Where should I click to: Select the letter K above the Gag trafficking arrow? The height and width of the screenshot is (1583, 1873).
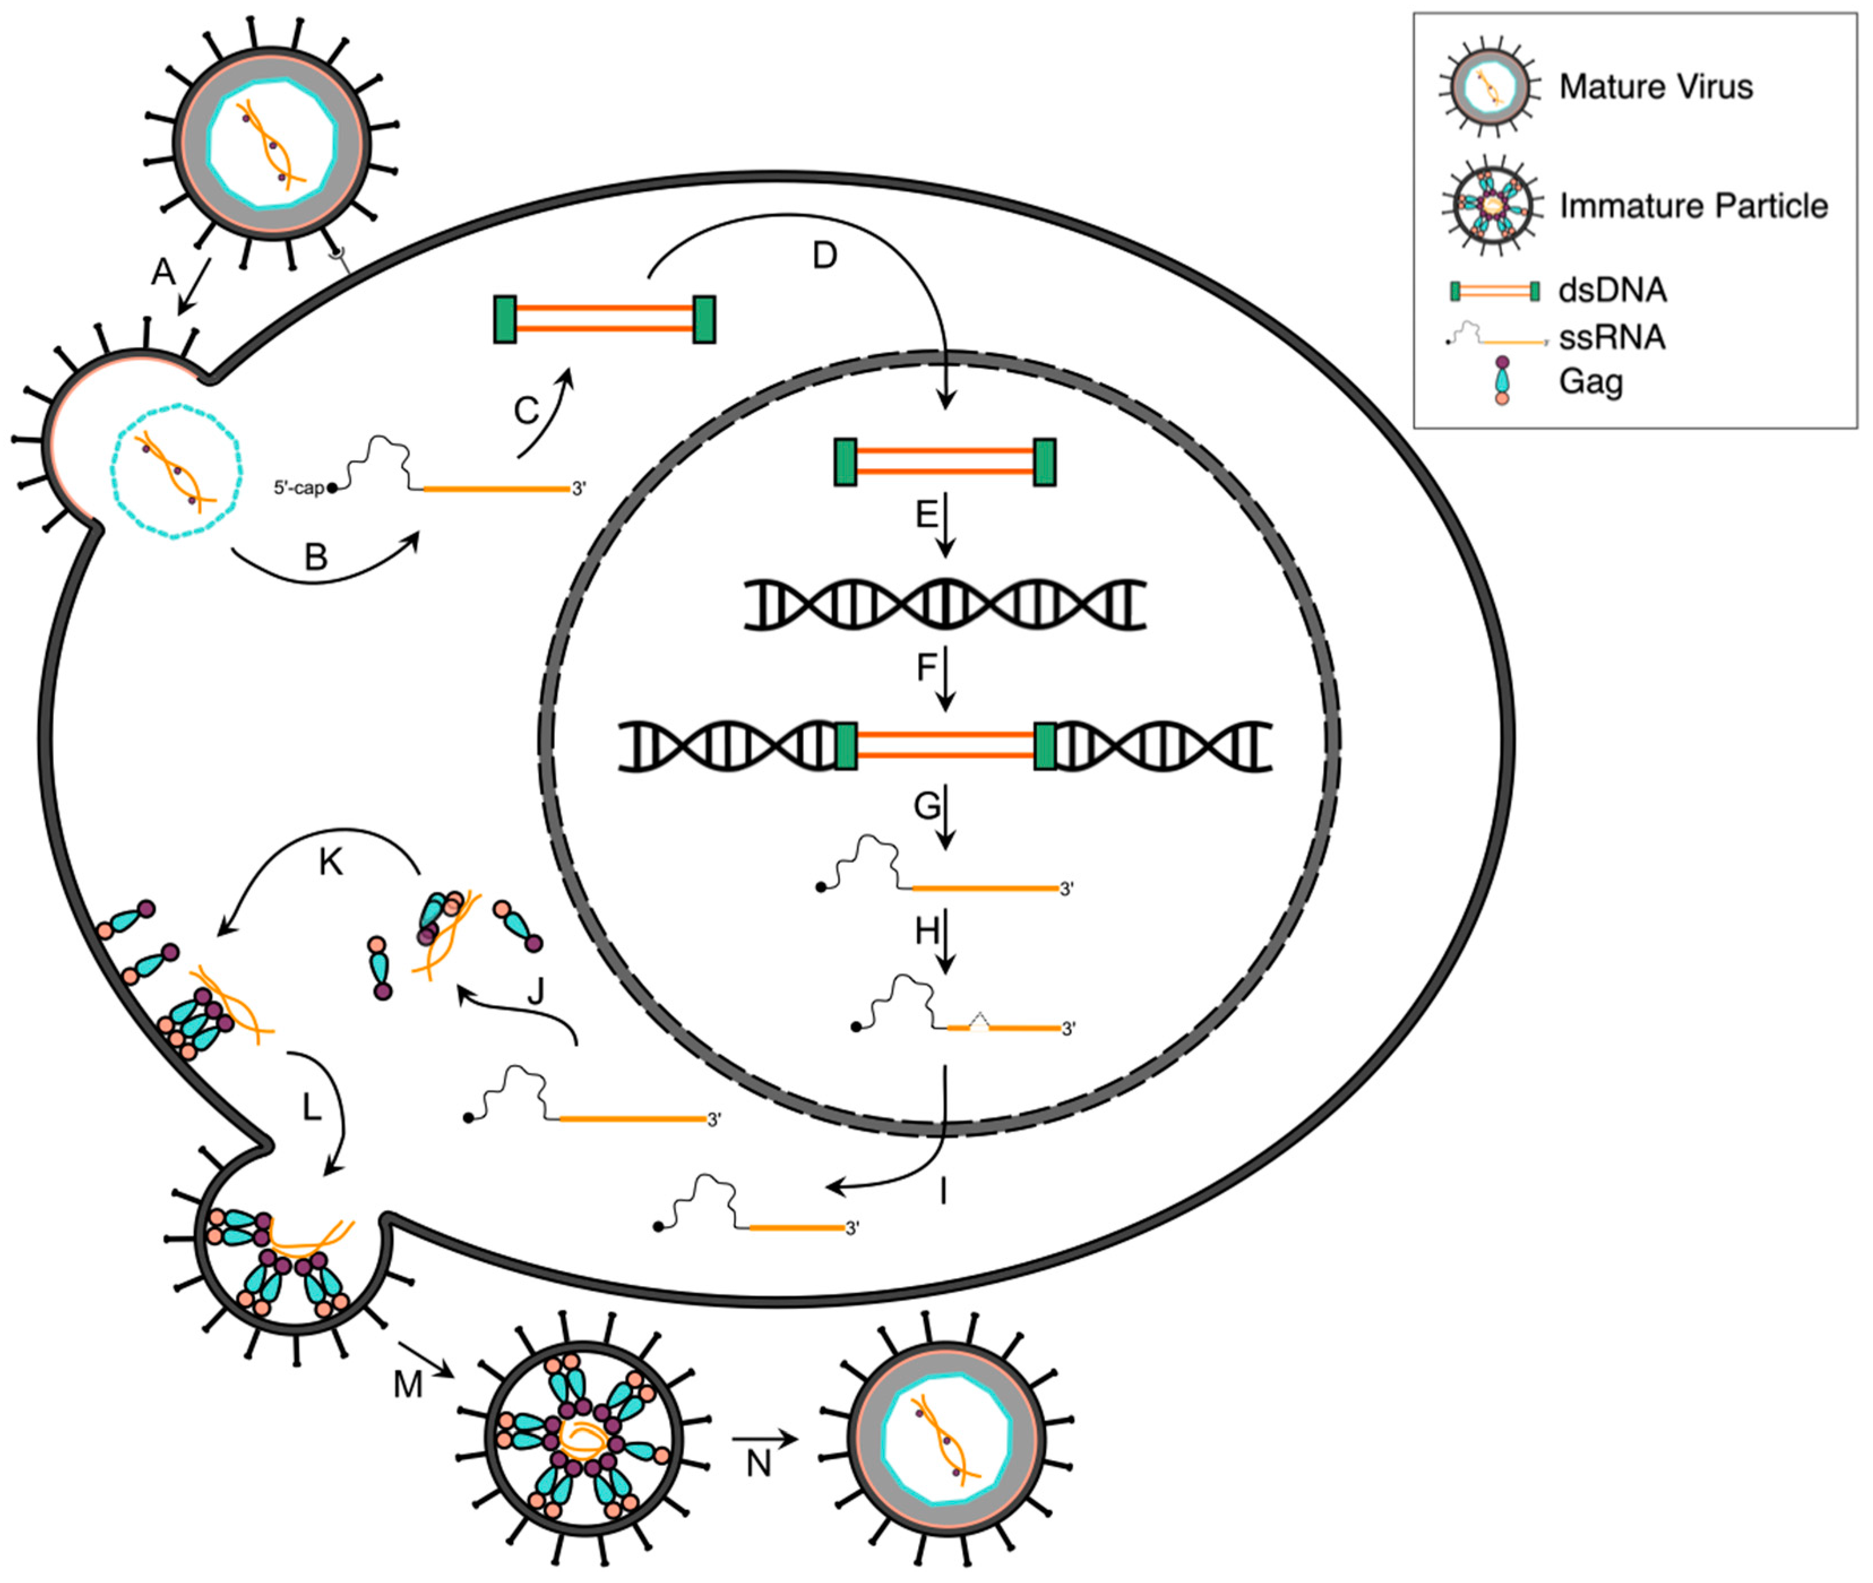(x=330, y=862)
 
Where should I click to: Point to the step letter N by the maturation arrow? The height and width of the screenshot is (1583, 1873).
(x=759, y=1464)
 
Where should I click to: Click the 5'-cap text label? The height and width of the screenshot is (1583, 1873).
(x=298, y=488)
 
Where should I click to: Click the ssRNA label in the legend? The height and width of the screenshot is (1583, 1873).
(x=1612, y=338)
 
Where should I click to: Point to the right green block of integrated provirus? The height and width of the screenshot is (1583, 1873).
(x=1045, y=747)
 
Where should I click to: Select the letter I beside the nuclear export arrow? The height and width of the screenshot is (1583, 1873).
(x=943, y=1192)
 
